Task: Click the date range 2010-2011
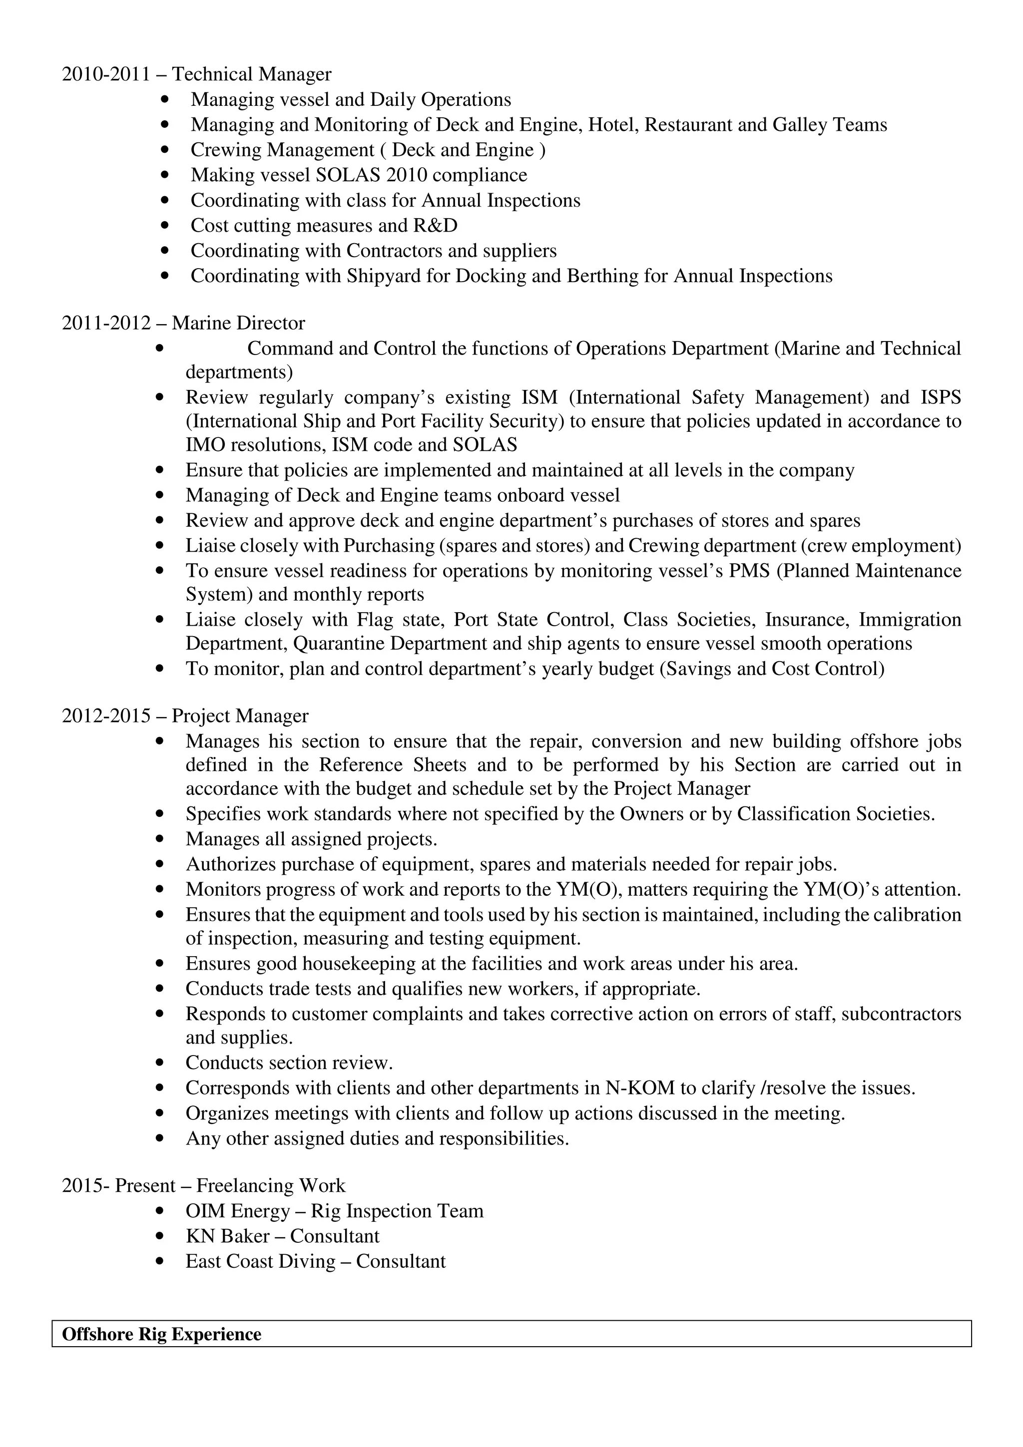(106, 74)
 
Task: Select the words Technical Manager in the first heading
(251, 74)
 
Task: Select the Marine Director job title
(238, 324)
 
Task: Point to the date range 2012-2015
(106, 716)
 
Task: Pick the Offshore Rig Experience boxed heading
(161, 1334)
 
